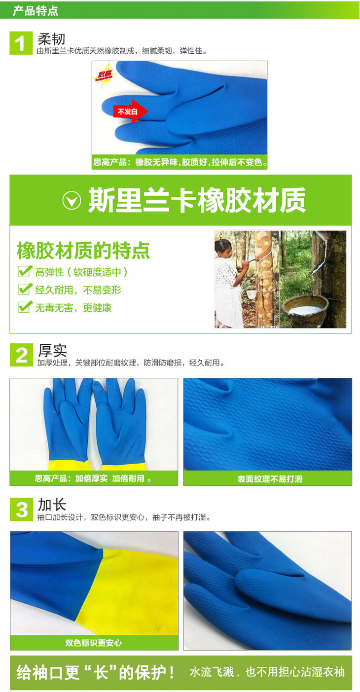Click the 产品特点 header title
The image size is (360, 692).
pyautogui.click(x=36, y=11)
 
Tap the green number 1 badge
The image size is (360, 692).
pyautogui.click(x=21, y=43)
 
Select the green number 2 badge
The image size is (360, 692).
pyautogui.click(x=21, y=355)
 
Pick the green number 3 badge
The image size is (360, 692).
pyautogui.click(x=21, y=510)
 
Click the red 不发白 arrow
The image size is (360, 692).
pyautogui.click(x=131, y=111)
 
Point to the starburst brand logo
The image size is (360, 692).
pyautogui.click(x=105, y=75)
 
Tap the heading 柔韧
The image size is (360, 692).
pyautogui.click(x=52, y=39)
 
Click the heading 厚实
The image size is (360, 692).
pyautogui.click(x=52, y=351)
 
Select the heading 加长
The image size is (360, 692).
pyautogui.click(x=52, y=505)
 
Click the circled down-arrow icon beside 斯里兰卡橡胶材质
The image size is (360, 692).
pyautogui.click(x=72, y=200)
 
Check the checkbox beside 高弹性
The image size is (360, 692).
pyautogui.click(x=25, y=271)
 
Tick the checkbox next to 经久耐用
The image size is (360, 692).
pyautogui.click(x=25, y=289)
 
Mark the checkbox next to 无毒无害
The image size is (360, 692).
pyautogui.click(x=25, y=307)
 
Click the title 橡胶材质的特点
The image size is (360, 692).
pyautogui.click(x=83, y=251)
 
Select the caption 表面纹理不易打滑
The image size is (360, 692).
pyautogui.click(x=270, y=479)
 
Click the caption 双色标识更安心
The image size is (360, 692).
pyautogui.click(x=94, y=643)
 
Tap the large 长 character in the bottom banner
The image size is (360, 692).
pyautogui.click(x=101, y=673)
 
